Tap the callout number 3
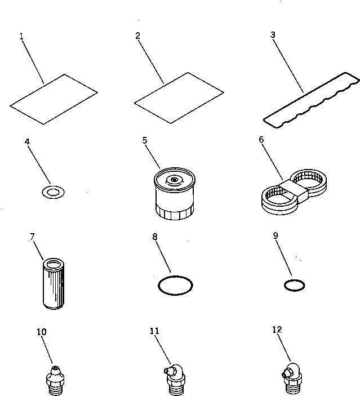(x=273, y=34)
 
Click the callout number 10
(x=41, y=332)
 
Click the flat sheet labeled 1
(x=54, y=99)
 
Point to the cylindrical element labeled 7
(x=55, y=284)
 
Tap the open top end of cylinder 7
(x=55, y=263)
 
